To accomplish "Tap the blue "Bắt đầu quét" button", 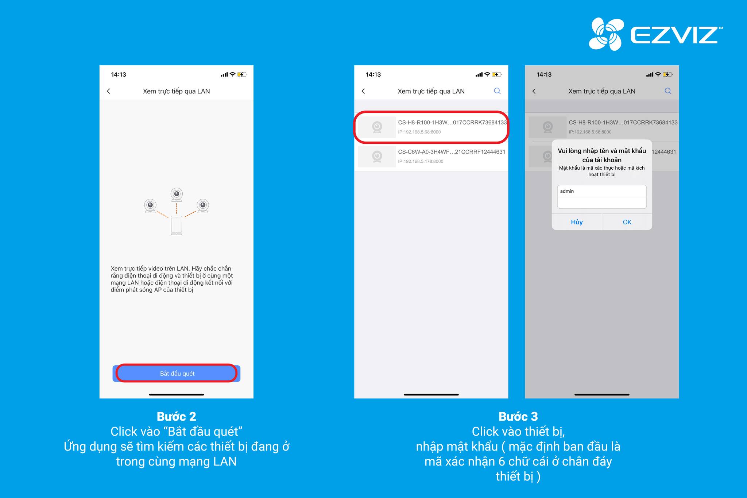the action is click(x=177, y=373).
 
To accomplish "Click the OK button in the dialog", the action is click(x=627, y=222).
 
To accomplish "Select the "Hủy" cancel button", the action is click(x=577, y=222).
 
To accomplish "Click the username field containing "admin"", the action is click(x=602, y=191).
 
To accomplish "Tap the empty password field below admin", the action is click(x=602, y=203).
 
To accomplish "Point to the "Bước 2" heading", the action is click(x=177, y=416).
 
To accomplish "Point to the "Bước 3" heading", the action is click(x=518, y=416).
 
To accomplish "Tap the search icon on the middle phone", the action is click(x=497, y=91).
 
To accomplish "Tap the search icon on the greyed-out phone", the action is click(x=668, y=91).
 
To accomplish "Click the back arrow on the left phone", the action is click(x=108, y=91).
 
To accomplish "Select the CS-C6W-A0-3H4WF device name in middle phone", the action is click(x=452, y=152).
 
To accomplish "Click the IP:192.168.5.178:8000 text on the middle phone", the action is click(x=421, y=161).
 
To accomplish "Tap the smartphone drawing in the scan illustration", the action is click(x=177, y=225).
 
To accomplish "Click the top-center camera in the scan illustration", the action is click(x=177, y=195).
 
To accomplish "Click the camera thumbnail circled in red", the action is click(x=377, y=127).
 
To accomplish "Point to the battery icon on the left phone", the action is click(x=242, y=74).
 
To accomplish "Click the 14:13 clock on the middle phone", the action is click(x=373, y=74).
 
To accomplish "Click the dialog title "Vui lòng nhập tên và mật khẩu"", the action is click(x=602, y=151).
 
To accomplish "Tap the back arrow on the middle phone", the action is click(x=363, y=91).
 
